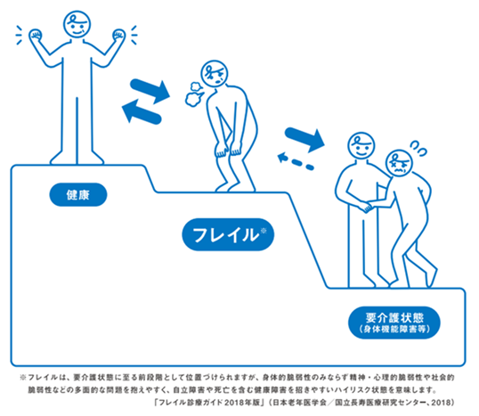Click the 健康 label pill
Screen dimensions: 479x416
[78, 195]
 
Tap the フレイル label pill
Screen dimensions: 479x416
[228, 234]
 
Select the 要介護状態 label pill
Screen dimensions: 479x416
[394, 322]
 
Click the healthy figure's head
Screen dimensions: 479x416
[77, 24]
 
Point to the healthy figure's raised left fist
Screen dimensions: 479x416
[36, 35]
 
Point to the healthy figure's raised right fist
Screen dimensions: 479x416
[118, 35]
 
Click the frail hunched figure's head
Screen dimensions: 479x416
[215, 74]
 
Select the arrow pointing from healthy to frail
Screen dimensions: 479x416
[150, 91]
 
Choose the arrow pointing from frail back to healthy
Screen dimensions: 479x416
[142, 112]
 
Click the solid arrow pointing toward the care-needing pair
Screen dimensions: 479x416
[304, 139]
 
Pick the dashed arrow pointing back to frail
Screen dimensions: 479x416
[296, 162]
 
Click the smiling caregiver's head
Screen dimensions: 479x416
[361, 145]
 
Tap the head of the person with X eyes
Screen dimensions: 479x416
[399, 163]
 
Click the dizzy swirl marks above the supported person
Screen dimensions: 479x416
[418, 147]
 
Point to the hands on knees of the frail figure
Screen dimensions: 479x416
[229, 149]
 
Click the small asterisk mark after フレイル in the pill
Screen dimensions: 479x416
[264, 231]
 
